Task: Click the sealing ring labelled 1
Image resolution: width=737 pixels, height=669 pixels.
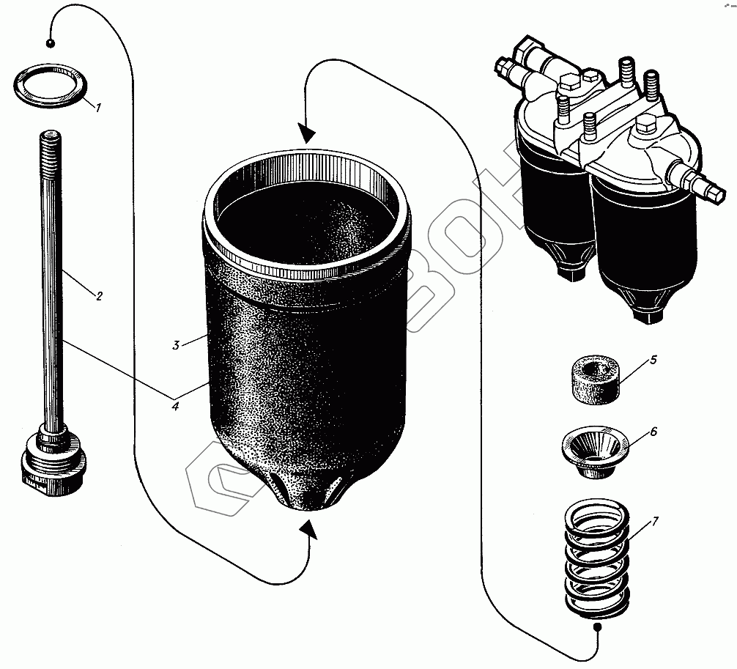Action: pos(51,86)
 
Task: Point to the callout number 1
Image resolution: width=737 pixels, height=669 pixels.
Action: pos(99,108)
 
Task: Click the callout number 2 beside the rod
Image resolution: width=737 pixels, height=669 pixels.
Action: pos(99,296)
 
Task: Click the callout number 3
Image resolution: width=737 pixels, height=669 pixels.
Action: pos(177,345)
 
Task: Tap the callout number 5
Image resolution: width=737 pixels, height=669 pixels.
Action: pos(653,360)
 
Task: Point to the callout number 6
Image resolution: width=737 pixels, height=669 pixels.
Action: pos(653,432)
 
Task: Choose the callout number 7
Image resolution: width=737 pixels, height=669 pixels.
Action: pos(655,522)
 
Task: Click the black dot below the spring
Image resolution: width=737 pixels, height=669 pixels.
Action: pos(598,627)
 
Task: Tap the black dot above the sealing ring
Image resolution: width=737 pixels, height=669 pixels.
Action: pos(50,42)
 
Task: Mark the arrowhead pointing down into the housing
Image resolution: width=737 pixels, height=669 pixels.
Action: pos(307,133)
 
